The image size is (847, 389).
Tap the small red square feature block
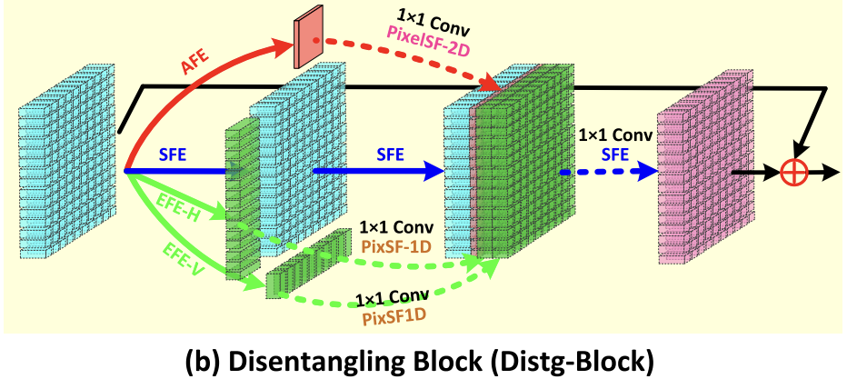[x=308, y=44]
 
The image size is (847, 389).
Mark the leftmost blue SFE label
[x=173, y=155]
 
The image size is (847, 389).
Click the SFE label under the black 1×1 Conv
[x=614, y=154]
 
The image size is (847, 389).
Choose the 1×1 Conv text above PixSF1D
[x=392, y=298]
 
